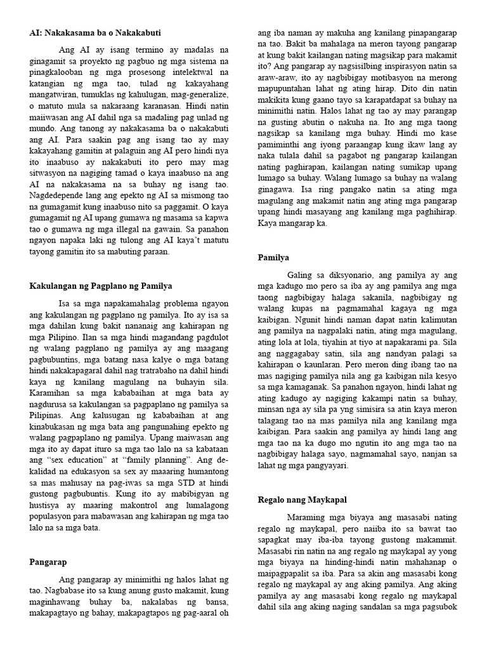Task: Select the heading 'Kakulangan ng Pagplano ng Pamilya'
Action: pos(101,286)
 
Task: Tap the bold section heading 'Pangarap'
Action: pos(48,562)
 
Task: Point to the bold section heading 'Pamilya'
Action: pos(273,258)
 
